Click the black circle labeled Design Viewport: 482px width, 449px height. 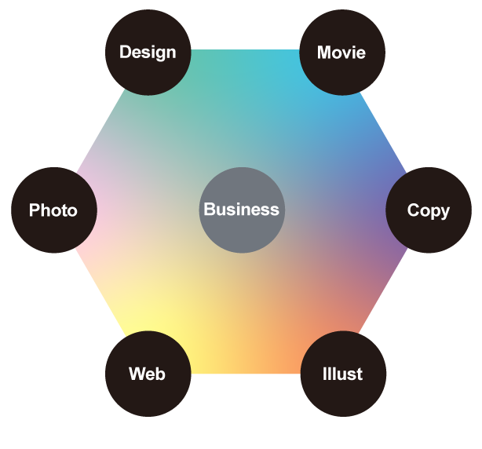148,53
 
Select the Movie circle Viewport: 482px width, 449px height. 342,53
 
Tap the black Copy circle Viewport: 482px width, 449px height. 429,210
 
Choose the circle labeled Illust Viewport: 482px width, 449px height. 343,374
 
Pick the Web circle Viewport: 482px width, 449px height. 148,374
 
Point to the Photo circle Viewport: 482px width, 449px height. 54,210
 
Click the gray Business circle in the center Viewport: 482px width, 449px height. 242,210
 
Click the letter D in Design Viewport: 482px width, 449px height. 126,52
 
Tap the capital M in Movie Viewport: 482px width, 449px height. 324,53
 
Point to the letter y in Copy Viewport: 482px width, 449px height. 445,213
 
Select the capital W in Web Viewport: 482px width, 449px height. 137,374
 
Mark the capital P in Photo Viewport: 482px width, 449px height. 35,210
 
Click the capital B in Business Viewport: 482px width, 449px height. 210,210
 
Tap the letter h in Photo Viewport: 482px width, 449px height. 46,210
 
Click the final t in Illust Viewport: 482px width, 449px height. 359,374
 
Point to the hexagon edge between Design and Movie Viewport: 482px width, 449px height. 245,49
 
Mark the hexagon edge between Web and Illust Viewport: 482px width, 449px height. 246,374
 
